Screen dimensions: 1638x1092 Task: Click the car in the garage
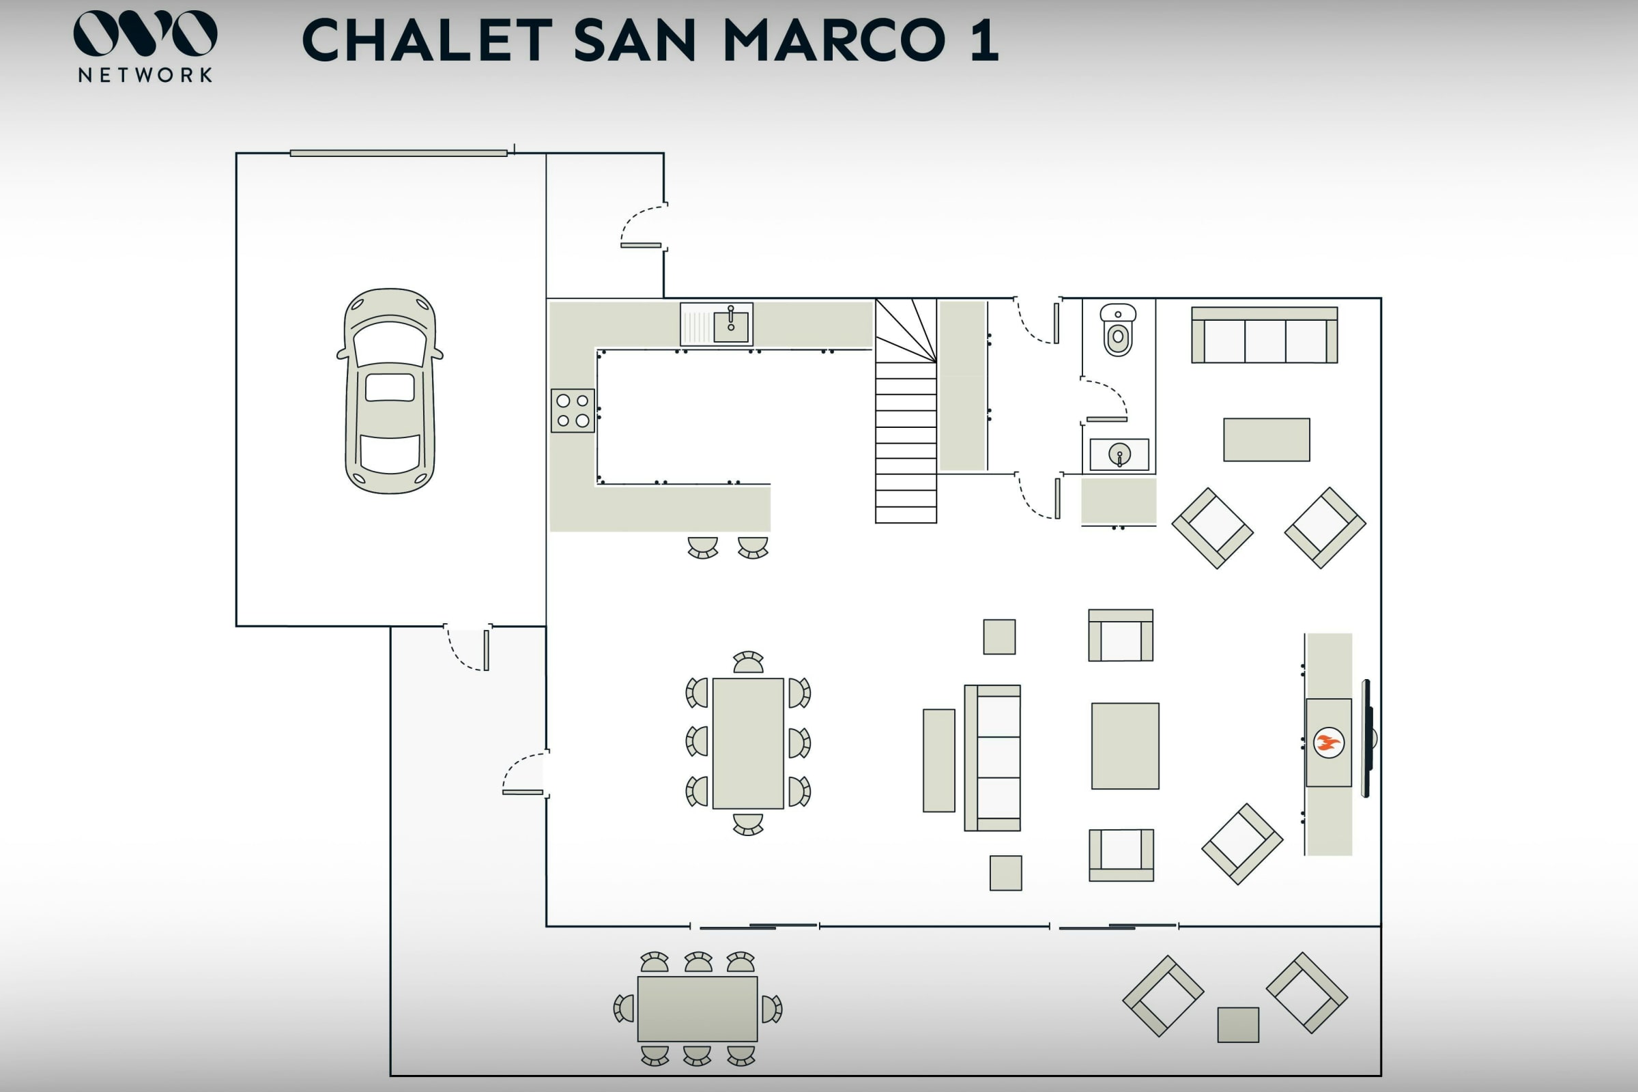click(390, 390)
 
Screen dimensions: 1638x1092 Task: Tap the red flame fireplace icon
click(1328, 743)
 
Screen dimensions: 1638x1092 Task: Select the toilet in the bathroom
click(1118, 330)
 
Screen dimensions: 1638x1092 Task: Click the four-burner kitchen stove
click(573, 411)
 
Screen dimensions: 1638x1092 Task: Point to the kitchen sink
click(717, 324)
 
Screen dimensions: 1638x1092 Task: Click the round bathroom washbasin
click(1119, 455)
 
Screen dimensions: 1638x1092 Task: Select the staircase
click(906, 411)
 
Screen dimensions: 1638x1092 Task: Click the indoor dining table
click(748, 743)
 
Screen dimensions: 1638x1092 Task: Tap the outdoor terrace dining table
click(697, 1009)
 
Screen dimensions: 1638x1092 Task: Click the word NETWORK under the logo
click(145, 75)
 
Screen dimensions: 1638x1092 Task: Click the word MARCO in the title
click(834, 40)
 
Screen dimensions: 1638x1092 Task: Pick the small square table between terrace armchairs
click(1237, 1025)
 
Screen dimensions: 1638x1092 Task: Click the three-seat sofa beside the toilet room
click(1264, 335)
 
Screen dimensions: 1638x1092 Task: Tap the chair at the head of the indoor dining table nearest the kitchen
click(748, 662)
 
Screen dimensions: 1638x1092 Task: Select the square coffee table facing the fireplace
click(1125, 746)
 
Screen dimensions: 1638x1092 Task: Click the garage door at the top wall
click(399, 153)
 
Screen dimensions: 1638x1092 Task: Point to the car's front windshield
click(390, 343)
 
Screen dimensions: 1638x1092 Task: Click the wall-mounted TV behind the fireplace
click(1367, 738)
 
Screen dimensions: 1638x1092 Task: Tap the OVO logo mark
click(145, 33)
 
